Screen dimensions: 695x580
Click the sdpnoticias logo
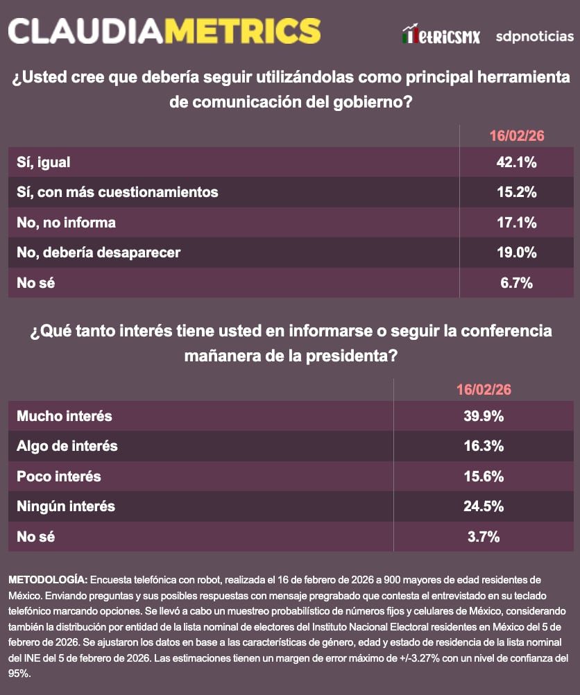click(x=534, y=36)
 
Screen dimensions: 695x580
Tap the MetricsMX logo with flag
click(x=441, y=35)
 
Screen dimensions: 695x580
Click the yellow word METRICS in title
click(x=246, y=31)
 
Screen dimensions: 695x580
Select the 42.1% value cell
click(x=517, y=162)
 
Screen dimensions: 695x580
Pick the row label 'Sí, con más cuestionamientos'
click(x=117, y=192)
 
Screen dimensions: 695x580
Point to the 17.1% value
click(x=517, y=223)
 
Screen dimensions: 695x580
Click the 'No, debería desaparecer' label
click(x=99, y=252)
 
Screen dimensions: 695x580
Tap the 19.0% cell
click(x=517, y=252)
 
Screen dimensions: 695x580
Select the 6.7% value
click(x=517, y=283)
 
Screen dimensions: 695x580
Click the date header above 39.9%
click(x=484, y=390)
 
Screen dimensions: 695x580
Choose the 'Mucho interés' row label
click(x=65, y=416)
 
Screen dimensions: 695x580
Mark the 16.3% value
click(x=484, y=446)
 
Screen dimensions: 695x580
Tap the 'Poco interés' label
click(x=59, y=477)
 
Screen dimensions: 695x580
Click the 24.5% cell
click(x=484, y=506)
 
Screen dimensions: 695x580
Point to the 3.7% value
click(x=484, y=537)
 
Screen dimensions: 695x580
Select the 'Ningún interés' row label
click(x=66, y=506)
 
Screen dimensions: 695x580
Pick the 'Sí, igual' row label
click(x=44, y=162)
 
